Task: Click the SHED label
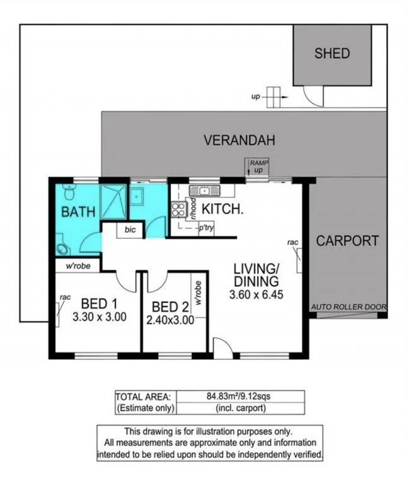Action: (x=332, y=54)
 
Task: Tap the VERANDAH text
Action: (x=239, y=141)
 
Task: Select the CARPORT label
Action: (x=347, y=241)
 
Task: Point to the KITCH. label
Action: (x=222, y=210)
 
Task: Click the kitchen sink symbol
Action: (x=205, y=191)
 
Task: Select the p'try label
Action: (x=206, y=229)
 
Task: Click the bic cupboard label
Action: (x=130, y=230)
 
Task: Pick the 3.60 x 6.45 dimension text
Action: (x=256, y=295)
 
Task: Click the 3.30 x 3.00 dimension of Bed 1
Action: (x=99, y=317)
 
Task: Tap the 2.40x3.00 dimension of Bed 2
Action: (x=170, y=320)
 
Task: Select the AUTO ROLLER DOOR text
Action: (x=348, y=307)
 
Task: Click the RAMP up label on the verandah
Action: (x=259, y=167)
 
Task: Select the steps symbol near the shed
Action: (x=274, y=97)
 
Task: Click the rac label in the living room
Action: (x=293, y=243)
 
